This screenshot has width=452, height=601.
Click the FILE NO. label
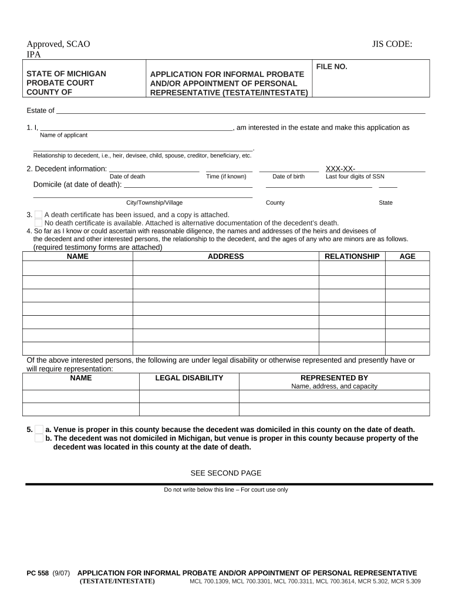tap(332, 67)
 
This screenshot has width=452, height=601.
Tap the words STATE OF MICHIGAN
tap(66, 74)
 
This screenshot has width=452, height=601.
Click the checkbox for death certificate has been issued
tap(38, 215)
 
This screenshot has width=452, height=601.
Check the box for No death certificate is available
tap(38, 223)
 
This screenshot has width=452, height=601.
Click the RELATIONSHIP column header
tap(352, 256)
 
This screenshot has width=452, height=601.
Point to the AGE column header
tap(407, 256)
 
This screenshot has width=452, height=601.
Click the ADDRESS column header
tap(225, 256)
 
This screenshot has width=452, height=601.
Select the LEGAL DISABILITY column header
tap(189, 378)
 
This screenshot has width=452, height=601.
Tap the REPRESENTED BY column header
tap(334, 378)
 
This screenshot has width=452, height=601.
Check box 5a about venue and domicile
tap(38, 430)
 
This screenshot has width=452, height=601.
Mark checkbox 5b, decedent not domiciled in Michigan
tap(38, 438)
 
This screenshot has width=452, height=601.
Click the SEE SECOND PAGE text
tap(225, 473)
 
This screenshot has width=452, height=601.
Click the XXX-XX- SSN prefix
tap(340, 169)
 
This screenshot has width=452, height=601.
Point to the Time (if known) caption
tap(227, 177)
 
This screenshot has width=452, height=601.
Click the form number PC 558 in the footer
tap(38, 573)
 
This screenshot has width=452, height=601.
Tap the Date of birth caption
tap(288, 177)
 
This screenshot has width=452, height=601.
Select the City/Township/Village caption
tap(150, 202)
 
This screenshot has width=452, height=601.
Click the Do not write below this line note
tap(225, 490)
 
